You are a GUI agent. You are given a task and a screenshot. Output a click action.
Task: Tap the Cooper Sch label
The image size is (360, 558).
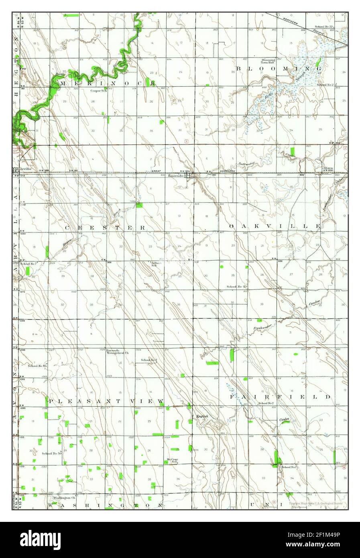click(x=98, y=91)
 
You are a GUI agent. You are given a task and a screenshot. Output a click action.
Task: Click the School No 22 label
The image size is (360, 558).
click(x=325, y=26)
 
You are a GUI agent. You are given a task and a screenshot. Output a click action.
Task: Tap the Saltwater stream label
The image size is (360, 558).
click(x=246, y=163)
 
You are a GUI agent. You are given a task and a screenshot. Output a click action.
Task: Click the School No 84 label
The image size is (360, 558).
click(x=37, y=366)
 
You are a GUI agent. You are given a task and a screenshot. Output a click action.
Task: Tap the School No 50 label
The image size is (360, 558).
click(x=51, y=453)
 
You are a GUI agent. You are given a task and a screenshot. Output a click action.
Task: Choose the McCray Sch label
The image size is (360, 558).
click(x=172, y=460)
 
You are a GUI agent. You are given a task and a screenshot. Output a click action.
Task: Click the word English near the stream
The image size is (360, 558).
click(x=202, y=416)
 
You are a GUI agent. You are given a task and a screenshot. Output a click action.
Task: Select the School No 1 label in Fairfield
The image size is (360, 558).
click(x=289, y=467)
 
